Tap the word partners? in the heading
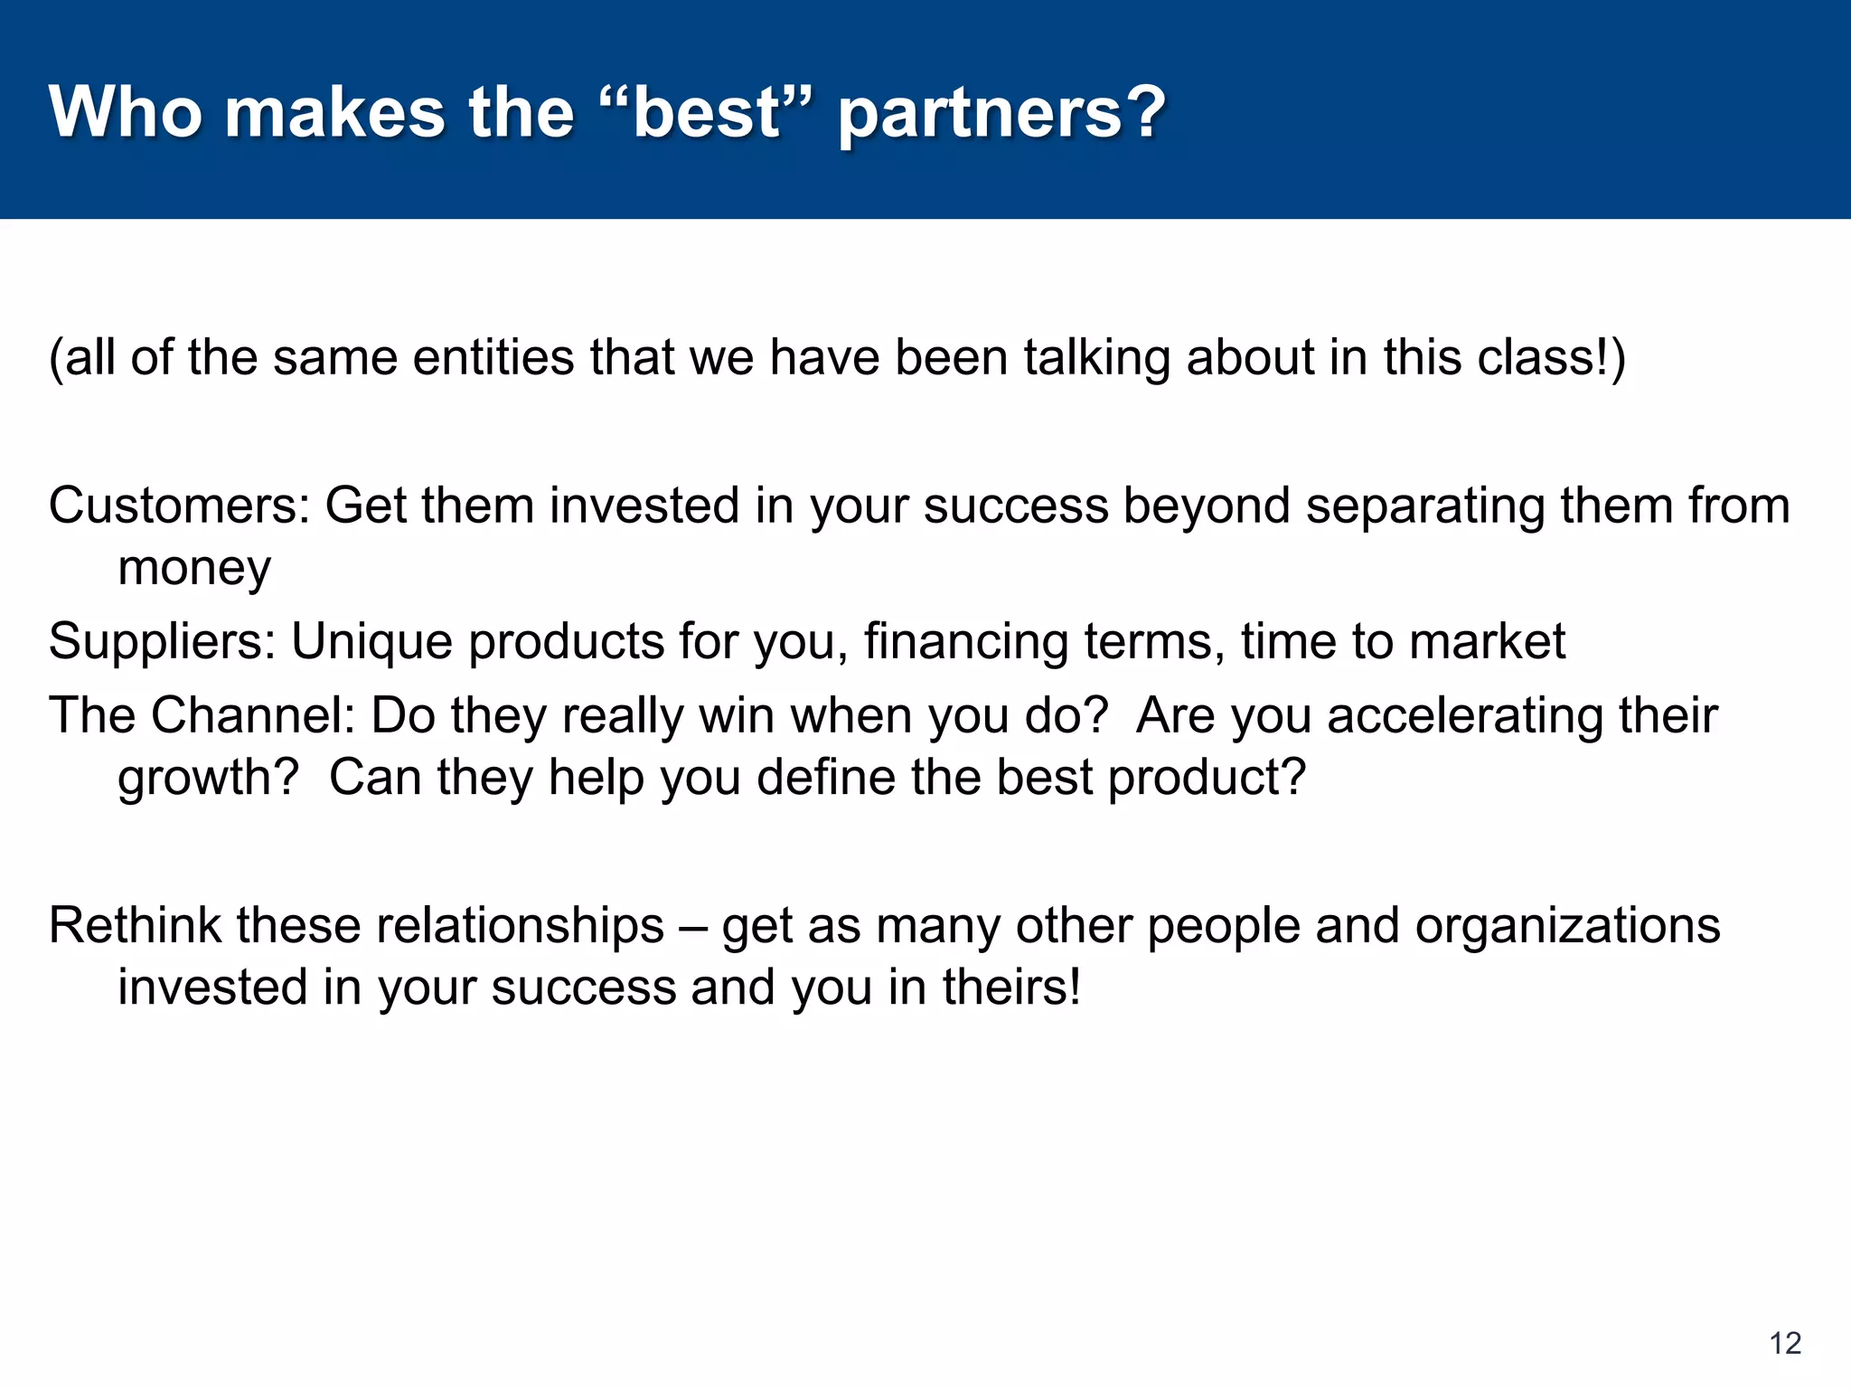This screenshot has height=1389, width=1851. point(1001,114)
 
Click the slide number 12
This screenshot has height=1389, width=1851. point(1785,1343)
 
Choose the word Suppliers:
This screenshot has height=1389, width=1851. point(162,641)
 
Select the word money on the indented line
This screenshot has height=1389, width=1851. point(194,569)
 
